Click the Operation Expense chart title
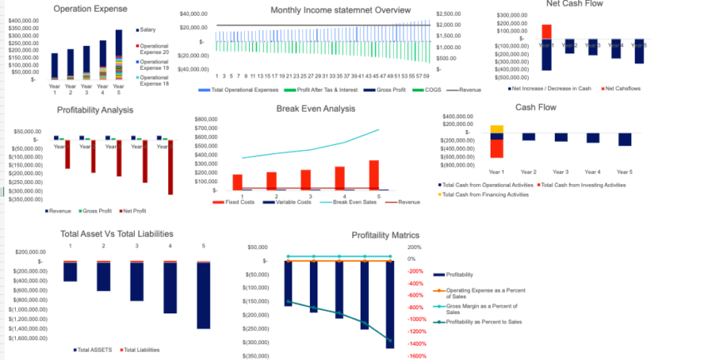(90, 8)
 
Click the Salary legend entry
(149, 29)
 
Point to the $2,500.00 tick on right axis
(448, 14)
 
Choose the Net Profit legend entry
(137, 211)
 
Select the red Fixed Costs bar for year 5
(375, 175)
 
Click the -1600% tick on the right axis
(416, 357)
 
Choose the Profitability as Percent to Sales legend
(483, 322)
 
